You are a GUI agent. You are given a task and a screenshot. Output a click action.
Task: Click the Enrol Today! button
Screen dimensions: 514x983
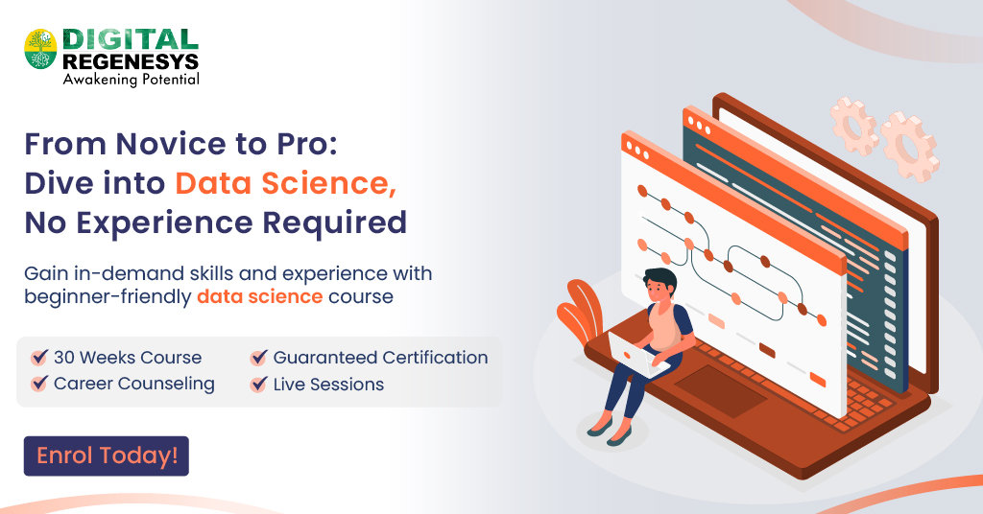pos(107,456)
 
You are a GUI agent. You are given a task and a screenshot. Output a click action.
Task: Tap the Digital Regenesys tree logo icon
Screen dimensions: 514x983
pos(40,49)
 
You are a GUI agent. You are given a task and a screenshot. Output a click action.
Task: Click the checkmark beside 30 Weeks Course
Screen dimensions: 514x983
pos(39,358)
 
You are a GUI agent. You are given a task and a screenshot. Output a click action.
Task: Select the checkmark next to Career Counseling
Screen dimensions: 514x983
pos(39,385)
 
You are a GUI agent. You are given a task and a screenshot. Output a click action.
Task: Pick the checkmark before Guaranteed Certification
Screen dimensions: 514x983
pos(258,358)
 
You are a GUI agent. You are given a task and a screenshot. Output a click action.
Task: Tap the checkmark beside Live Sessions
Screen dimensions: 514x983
pos(258,385)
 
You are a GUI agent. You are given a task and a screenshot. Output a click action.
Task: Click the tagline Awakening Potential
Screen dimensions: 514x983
pos(131,80)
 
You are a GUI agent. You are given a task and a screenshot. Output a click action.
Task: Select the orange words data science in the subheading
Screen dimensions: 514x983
pos(259,296)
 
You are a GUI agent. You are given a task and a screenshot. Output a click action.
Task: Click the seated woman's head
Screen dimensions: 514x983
pos(659,284)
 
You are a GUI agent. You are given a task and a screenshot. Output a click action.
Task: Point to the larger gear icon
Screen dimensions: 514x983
pos(908,147)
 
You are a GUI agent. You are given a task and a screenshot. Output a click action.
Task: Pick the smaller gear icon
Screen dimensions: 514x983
pos(853,121)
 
